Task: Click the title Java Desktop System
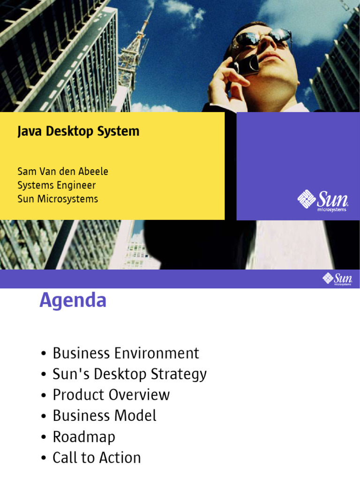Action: pos(78,131)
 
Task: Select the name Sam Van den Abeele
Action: pos(63,172)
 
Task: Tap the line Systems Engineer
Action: pos(57,185)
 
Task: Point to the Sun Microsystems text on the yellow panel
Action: pos(58,199)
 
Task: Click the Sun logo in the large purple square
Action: pos(323,201)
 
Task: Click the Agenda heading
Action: pos(73,300)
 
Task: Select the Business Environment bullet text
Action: pos(126,353)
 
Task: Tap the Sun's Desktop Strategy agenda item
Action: pos(129,374)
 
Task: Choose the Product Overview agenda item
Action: pos(111,395)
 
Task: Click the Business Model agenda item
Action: pos(105,416)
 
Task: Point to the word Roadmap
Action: pos(84,437)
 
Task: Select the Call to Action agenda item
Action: pos(97,458)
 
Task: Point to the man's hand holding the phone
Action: pos(227,84)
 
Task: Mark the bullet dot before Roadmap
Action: pos(43,437)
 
